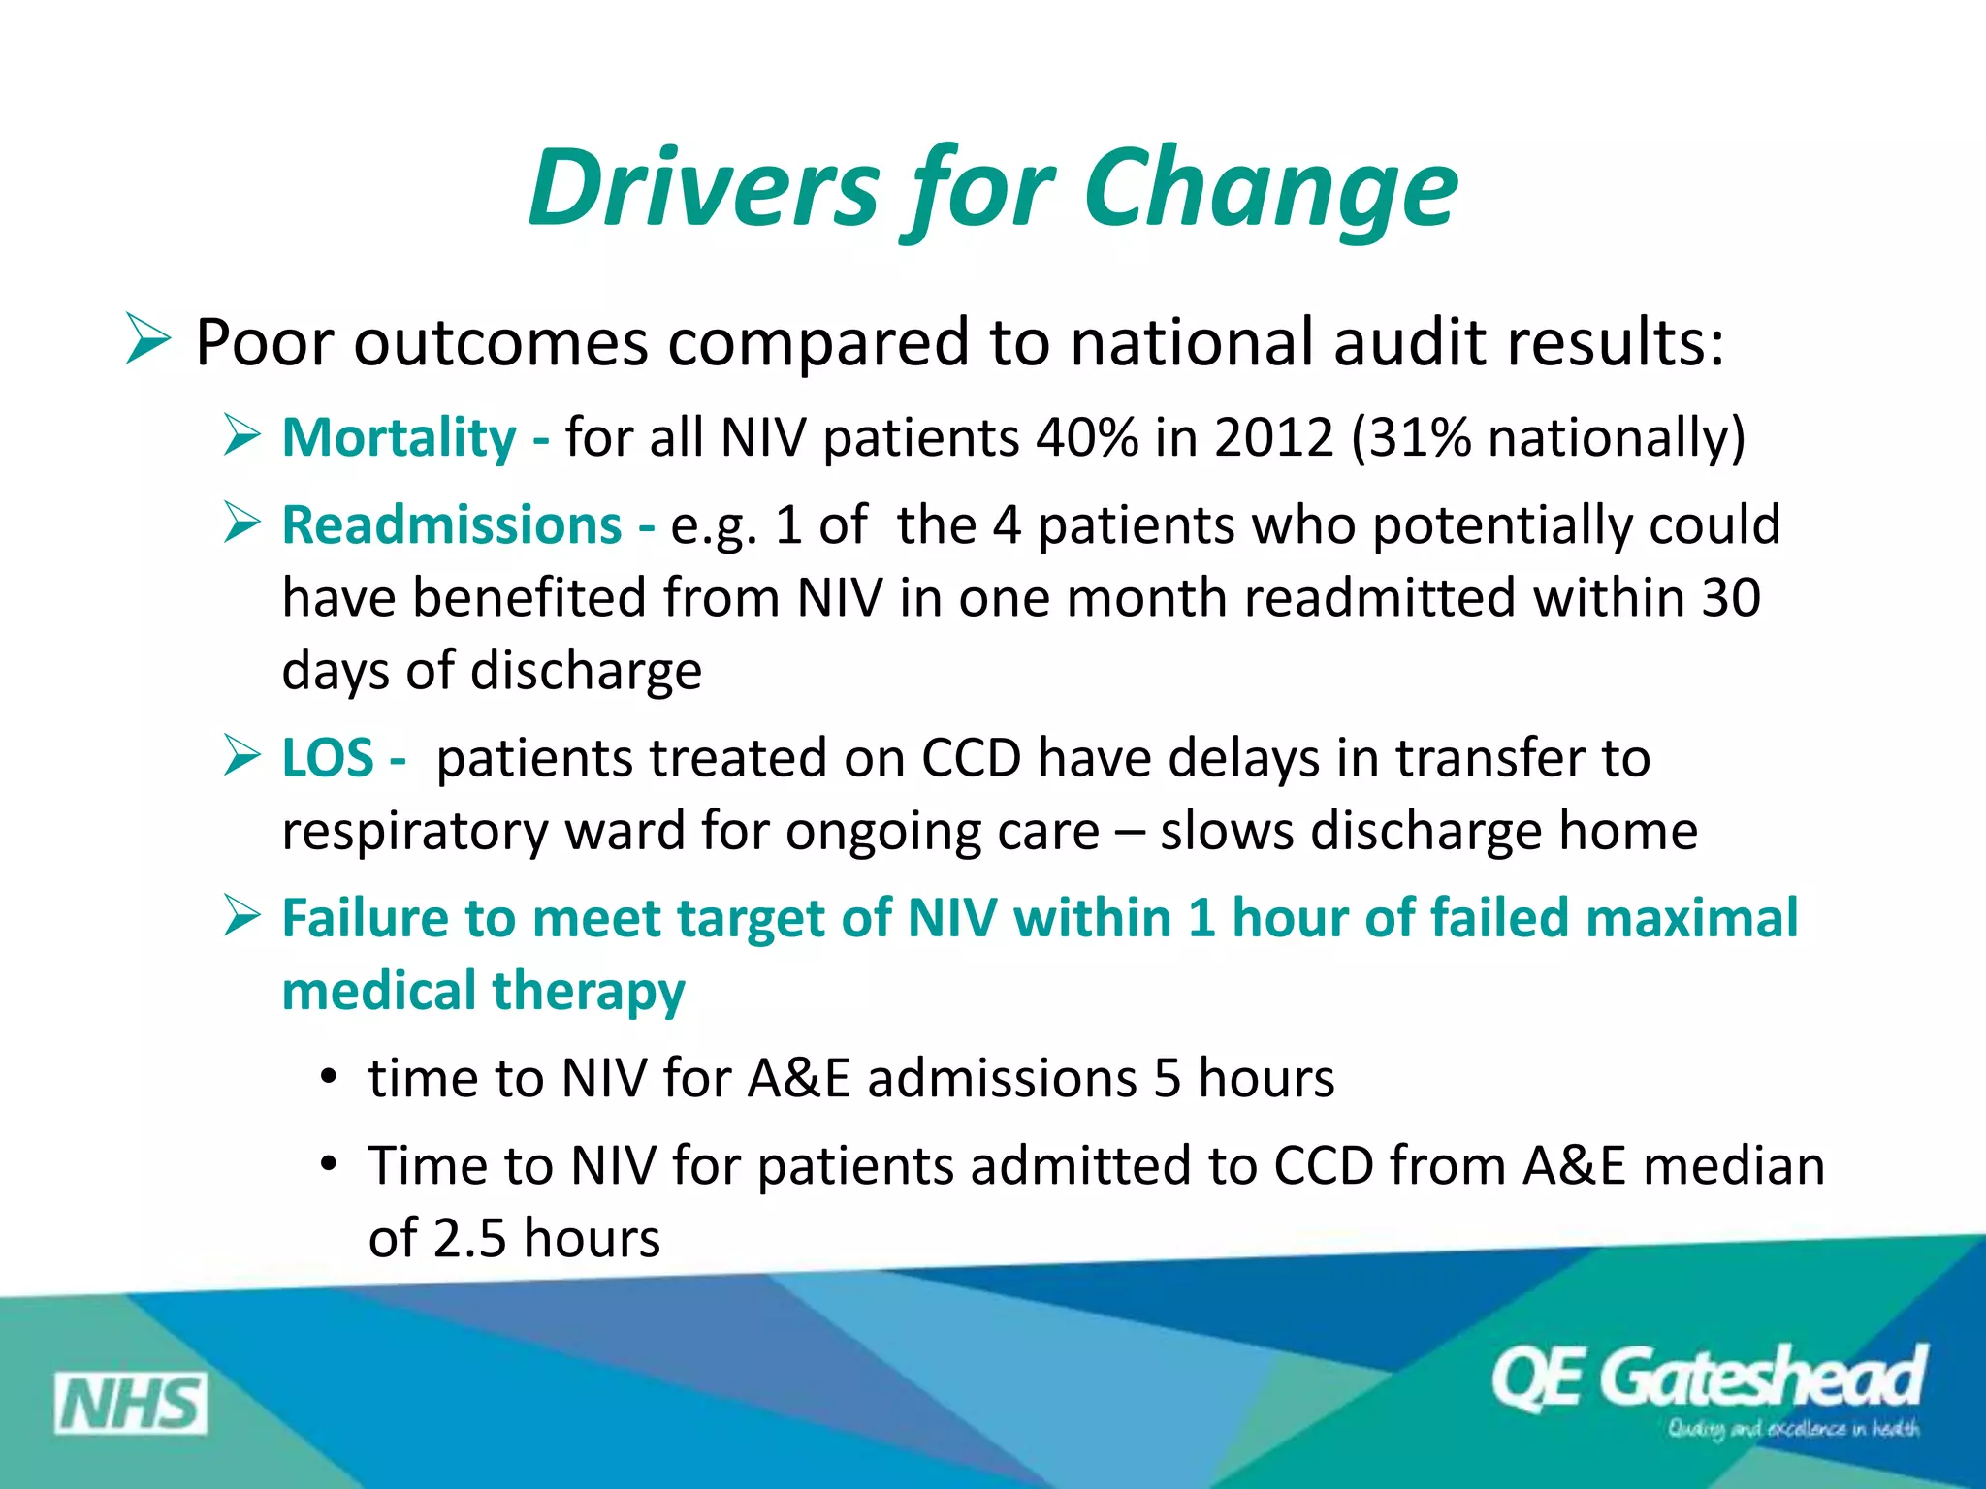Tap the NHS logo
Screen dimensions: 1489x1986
click(x=130, y=1404)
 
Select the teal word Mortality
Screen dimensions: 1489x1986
click(x=399, y=437)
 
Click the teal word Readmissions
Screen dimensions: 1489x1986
click(x=452, y=525)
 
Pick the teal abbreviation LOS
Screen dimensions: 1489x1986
click(x=327, y=757)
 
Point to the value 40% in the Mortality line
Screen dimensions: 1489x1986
click(x=1086, y=437)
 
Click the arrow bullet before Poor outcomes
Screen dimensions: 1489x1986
click(x=147, y=341)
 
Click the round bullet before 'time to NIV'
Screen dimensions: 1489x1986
click(x=329, y=1077)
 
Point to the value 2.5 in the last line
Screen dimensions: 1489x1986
click(x=469, y=1238)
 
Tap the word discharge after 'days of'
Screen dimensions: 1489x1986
click(x=586, y=671)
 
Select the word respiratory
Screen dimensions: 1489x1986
click(x=414, y=832)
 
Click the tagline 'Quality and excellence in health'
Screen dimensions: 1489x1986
click(x=1792, y=1429)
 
